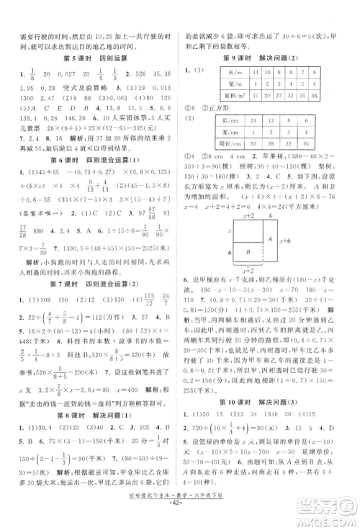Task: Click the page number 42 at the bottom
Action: click(x=180, y=517)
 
